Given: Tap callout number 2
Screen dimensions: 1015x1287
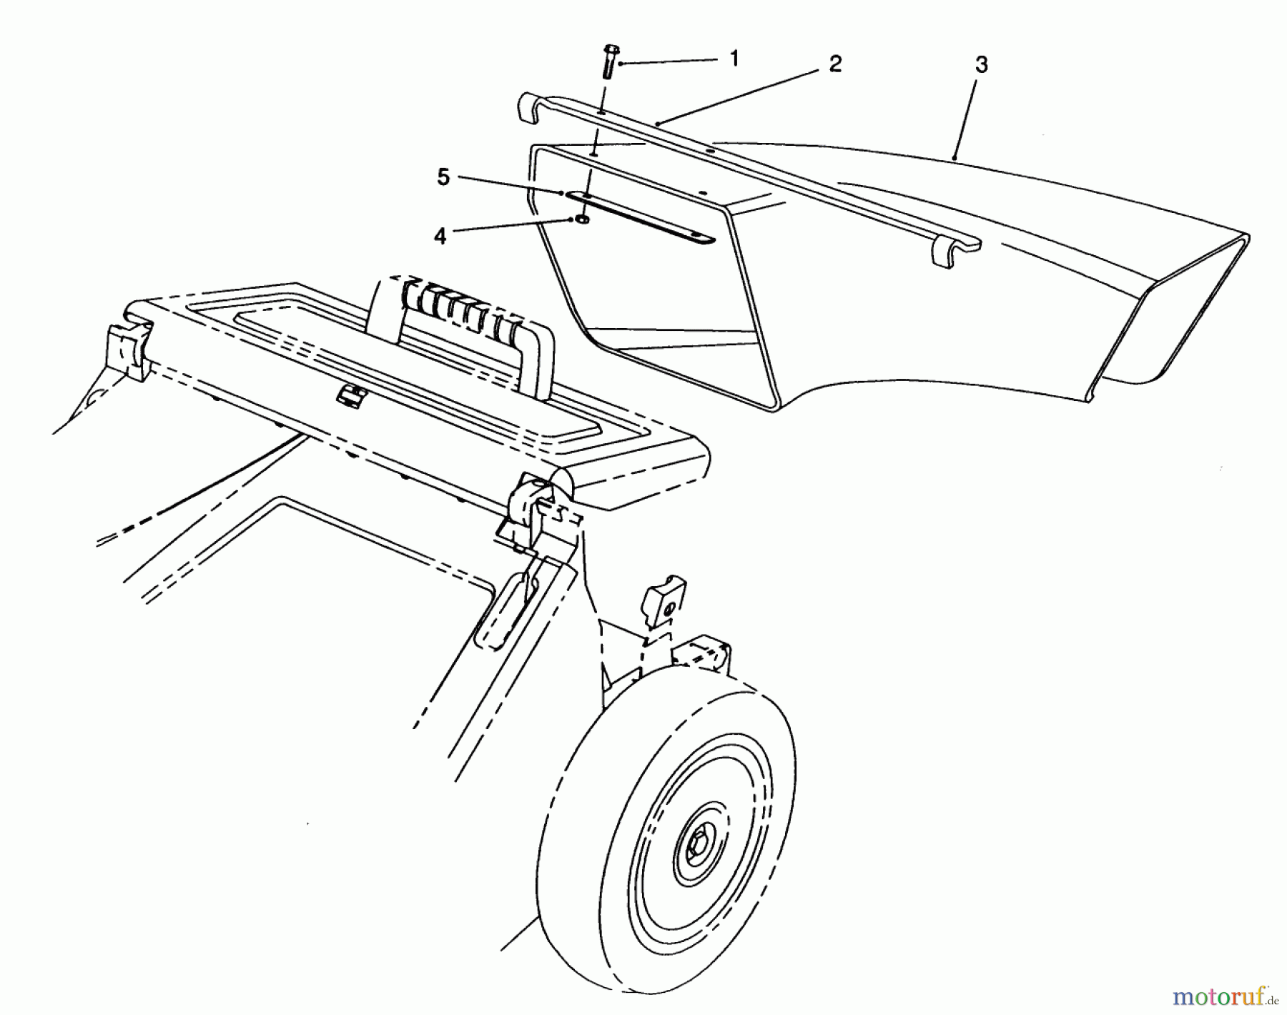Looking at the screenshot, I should (835, 64).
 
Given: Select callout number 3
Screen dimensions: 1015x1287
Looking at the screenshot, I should (981, 65).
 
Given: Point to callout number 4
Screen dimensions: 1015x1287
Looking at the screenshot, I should (440, 236).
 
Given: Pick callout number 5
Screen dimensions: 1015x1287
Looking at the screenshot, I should (443, 177).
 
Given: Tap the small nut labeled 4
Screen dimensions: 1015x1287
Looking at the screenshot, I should (583, 219).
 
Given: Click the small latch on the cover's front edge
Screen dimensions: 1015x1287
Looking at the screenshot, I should (350, 395).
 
